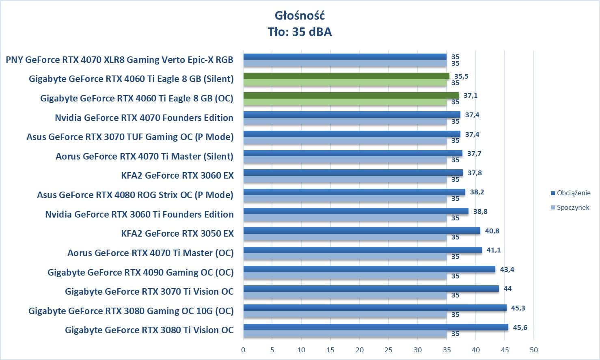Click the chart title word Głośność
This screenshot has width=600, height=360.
(x=300, y=15)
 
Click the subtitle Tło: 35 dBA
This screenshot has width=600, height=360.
(x=300, y=32)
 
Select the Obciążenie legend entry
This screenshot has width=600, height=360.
(x=573, y=193)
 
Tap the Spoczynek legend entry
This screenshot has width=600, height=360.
(x=572, y=207)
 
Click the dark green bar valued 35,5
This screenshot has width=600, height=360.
(x=346, y=76)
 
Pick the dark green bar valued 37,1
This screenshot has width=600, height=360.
(x=351, y=95)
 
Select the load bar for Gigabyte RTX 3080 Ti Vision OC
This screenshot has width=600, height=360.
(x=376, y=327)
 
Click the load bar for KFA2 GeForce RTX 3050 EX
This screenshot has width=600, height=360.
(x=361, y=231)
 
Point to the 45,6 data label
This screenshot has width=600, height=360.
(x=520, y=327)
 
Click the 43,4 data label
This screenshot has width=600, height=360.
(x=507, y=269)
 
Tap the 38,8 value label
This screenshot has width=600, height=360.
(x=480, y=211)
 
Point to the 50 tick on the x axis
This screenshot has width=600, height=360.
(x=534, y=350)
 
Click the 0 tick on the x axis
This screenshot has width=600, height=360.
(x=243, y=350)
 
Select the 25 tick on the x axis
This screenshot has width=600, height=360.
(x=388, y=350)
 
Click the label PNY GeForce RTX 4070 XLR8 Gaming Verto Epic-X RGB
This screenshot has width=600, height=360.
(x=119, y=60)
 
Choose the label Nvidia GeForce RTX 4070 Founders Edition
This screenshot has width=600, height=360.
(x=144, y=118)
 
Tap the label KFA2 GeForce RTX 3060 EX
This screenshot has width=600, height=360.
(x=177, y=175)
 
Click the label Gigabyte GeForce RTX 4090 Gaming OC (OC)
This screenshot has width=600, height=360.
(x=140, y=272)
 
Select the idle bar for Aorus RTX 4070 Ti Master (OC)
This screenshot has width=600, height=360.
(x=345, y=257)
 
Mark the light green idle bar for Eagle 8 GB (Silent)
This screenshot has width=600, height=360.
(x=345, y=83)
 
